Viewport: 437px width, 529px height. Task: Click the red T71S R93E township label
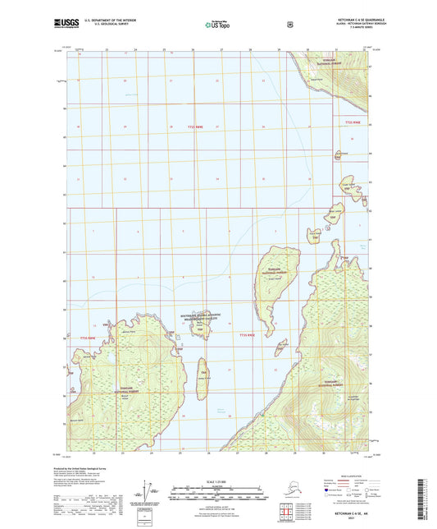(x=352, y=122)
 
